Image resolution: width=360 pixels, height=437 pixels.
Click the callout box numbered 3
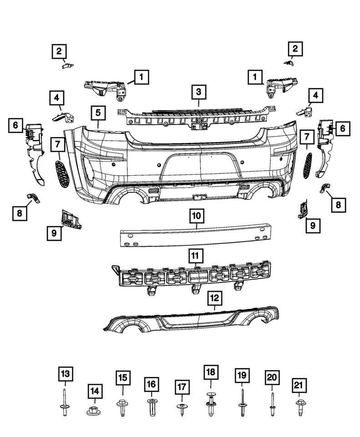(198, 92)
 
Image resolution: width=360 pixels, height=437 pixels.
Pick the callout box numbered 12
(214, 299)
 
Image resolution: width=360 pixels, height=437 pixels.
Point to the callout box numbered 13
(66, 375)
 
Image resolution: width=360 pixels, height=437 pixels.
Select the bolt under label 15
(122, 406)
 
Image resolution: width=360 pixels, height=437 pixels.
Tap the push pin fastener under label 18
(210, 403)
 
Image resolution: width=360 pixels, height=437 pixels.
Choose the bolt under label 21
(299, 406)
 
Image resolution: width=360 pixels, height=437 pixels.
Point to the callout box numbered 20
(272, 378)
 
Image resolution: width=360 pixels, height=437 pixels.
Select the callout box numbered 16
(151, 385)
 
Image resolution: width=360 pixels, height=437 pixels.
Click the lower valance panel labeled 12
(191, 319)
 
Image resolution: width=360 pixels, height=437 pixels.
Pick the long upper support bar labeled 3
(198, 116)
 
